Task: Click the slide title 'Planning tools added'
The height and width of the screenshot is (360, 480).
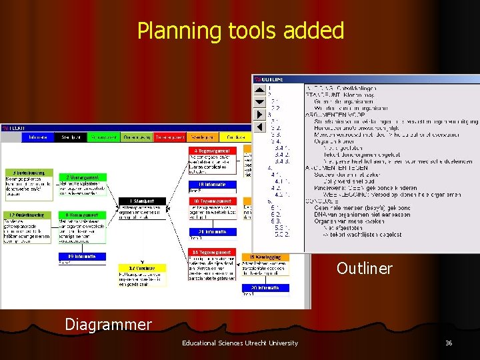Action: [x=240, y=31]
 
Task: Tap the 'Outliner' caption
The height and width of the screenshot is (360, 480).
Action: [x=364, y=269]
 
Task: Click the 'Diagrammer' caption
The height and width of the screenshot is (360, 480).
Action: [x=108, y=324]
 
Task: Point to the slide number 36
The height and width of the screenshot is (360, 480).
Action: [x=449, y=343]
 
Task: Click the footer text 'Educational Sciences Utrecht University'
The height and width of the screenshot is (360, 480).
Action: [x=239, y=343]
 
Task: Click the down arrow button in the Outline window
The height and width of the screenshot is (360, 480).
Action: [x=259, y=102]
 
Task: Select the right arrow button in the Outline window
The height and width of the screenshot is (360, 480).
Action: [x=259, y=126]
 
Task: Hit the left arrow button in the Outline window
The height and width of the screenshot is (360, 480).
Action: [x=259, y=114]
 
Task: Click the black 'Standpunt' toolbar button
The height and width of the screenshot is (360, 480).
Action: [x=71, y=137]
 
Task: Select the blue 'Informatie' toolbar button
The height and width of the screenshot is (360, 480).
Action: [x=37, y=137]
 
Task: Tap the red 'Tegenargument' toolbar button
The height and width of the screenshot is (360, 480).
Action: [x=169, y=137]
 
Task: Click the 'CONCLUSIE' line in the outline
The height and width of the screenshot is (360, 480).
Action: [x=323, y=201]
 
